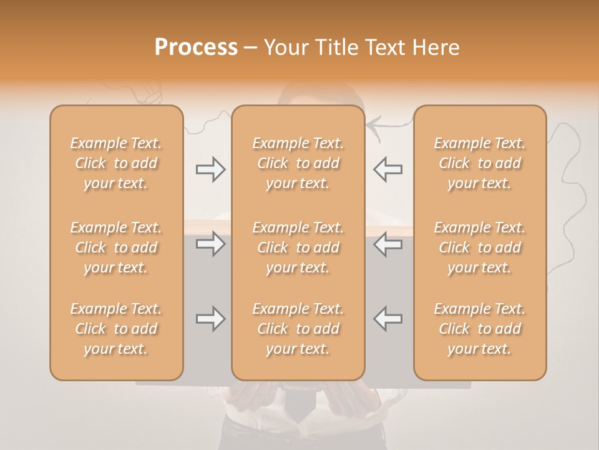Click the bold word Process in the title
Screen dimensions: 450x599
tap(196, 47)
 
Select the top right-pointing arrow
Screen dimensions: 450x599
tap(210, 169)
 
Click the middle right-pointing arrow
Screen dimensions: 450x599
tap(210, 244)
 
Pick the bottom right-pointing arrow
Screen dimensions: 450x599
tap(210, 319)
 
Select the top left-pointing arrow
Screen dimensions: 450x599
tap(387, 169)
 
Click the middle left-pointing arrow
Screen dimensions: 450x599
tap(387, 244)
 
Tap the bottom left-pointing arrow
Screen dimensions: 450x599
tap(387, 319)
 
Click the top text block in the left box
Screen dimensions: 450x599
tap(116, 163)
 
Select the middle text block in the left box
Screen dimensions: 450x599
tap(116, 247)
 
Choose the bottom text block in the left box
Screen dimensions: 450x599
tap(116, 329)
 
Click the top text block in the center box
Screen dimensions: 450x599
tap(298, 163)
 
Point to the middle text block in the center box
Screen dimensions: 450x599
tap(298, 247)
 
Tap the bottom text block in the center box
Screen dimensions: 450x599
tap(298, 329)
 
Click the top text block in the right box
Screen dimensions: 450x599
tap(479, 163)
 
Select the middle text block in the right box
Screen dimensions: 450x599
tap(479, 247)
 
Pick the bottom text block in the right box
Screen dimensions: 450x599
tap(479, 329)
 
